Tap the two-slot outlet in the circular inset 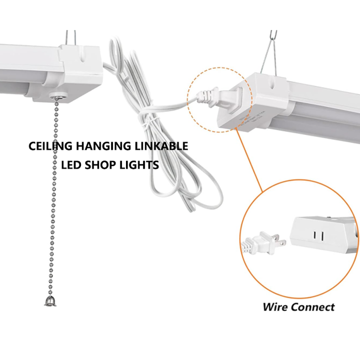[x=317, y=234]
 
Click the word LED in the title [x=70, y=165]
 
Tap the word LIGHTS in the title [x=140, y=165]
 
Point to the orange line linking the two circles [x=250, y=160]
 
